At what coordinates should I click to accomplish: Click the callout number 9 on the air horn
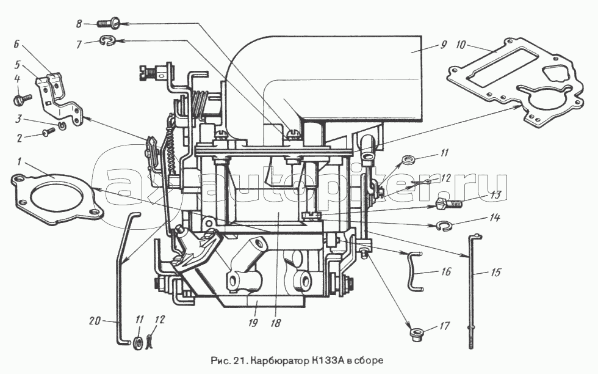point(442,45)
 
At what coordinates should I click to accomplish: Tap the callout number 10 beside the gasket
point(461,45)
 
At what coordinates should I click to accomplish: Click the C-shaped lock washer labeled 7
point(107,41)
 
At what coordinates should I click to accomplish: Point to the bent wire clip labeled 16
point(412,271)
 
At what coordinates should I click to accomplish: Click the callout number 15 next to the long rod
point(495,273)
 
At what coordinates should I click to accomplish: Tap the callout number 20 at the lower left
point(95,321)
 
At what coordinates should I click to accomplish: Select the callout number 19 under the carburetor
point(253,323)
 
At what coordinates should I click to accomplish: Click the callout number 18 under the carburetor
point(275,323)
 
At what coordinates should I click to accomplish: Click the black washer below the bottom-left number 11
point(138,342)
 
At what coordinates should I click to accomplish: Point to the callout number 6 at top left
point(16,45)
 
